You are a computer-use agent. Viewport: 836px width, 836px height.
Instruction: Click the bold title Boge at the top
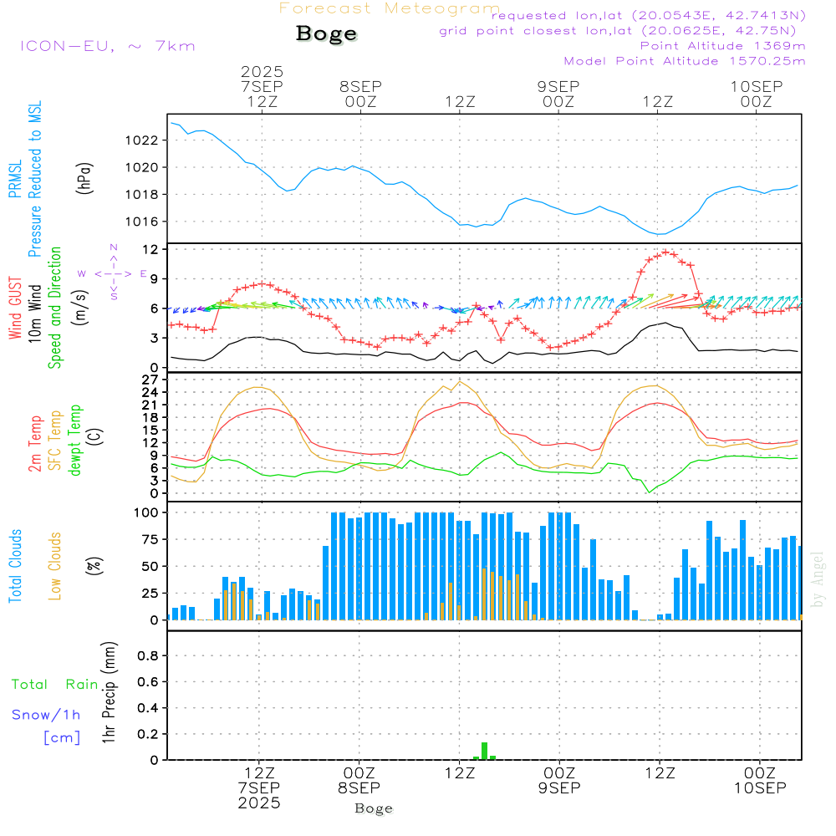pyautogui.click(x=326, y=33)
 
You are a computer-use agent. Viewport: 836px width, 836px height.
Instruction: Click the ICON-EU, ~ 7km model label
pyautogui.click(x=107, y=46)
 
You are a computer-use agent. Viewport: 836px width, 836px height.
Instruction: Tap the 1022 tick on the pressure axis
pyautogui.click(x=142, y=140)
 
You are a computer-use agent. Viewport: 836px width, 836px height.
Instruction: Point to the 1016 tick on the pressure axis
pyautogui.click(x=142, y=222)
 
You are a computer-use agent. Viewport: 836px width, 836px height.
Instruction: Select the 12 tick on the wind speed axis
pyautogui.click(x=150, y=250)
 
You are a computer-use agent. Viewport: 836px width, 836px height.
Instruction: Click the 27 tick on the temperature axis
pyautogui.click(x=150, y=380)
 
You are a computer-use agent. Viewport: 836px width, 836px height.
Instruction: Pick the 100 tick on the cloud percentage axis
pyautogui.click(x=146, y=512)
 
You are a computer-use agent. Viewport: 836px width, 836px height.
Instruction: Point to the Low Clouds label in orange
pyautogui.click(x=56, y=565)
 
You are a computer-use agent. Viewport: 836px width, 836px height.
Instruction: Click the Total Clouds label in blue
pyautogui.click(x=15, y=566)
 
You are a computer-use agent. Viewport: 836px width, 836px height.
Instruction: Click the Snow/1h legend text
pyautogui.click(x=47, y=716)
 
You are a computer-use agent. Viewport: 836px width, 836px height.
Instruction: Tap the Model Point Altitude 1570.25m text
pyautogui.click(x=685, y=61)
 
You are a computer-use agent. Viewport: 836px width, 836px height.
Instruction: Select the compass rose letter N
pyautogui.click(x=114, y=247)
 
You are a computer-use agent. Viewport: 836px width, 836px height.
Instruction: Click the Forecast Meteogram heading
pyautogui.click(x=390, y=9)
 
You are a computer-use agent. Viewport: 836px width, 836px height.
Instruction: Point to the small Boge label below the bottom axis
pyautogui.click(x=374, y=808)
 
